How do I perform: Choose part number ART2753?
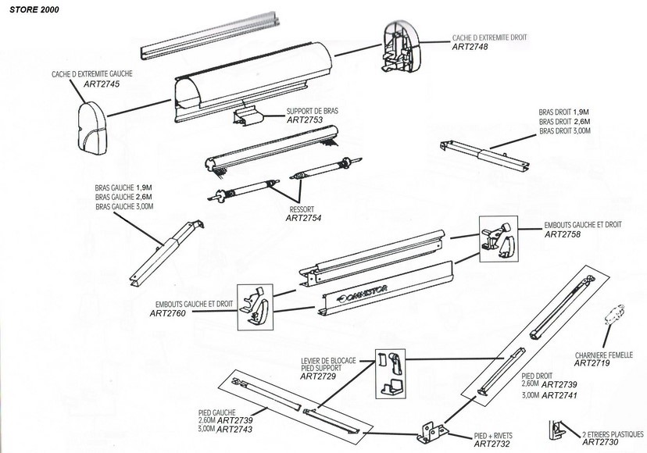(305, 120)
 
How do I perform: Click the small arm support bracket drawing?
(248, 117)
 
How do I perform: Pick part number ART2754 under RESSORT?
(303, 218)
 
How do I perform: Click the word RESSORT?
(301, 209)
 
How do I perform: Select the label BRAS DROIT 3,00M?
(564, 131)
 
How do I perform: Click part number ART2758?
(563, 234)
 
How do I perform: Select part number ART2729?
(319, 376)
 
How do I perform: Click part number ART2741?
(560, 396)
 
